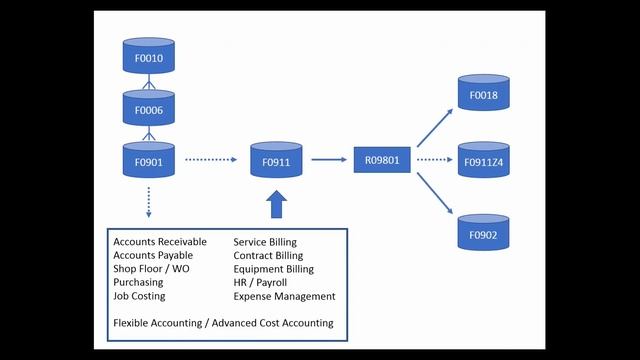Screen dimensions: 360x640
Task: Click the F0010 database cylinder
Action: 149,57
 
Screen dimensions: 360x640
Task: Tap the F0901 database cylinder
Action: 149,159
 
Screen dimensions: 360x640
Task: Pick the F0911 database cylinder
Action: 276,159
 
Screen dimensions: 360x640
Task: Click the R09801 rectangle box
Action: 383,159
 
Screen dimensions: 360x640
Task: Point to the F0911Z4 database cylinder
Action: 484,159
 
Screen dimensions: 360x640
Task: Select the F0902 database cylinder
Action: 484,232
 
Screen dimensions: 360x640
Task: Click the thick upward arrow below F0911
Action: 276,205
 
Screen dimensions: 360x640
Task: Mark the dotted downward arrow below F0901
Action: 149,201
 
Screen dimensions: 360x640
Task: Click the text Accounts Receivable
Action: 160,242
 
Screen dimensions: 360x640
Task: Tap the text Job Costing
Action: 139,296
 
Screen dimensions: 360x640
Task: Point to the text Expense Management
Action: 284,296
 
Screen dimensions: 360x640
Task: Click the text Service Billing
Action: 265,242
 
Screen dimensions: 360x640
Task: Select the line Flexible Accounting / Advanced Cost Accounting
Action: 223,323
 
